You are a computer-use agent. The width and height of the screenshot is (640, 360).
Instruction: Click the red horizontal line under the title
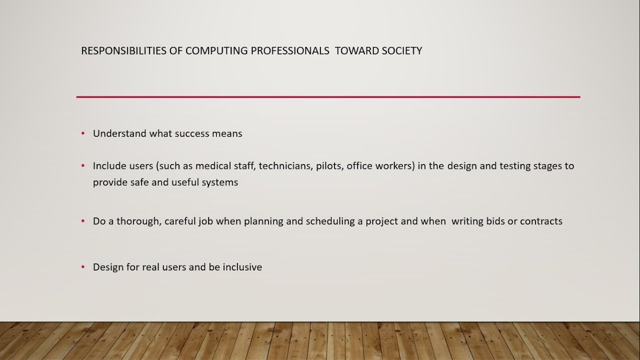point(328,97)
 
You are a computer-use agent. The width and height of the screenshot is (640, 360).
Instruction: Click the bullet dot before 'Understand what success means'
point(83,133)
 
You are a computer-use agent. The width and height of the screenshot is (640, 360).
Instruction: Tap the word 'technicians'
point(285,165)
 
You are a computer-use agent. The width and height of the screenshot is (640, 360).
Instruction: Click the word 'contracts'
point(541,221)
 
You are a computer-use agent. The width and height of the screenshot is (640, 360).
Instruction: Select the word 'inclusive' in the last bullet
point(242,267)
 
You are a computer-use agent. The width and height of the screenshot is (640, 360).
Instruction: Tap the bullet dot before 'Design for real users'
point(83,267)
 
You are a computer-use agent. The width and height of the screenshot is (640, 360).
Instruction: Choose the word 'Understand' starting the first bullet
point(119,133)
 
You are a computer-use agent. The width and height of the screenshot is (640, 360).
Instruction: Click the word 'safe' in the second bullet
point(131,182)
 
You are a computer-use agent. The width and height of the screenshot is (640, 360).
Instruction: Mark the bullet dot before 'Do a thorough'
point(83,221)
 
